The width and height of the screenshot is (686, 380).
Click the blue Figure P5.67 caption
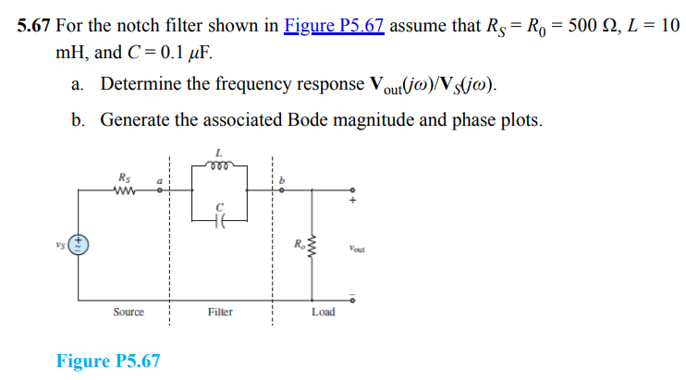pos(108,361)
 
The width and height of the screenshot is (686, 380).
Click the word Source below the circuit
pos(129,313)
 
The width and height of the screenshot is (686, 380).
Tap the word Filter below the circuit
pos(220,313)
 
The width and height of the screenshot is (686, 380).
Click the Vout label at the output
pos(361,248)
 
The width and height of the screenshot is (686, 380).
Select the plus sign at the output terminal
pos(351,199)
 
